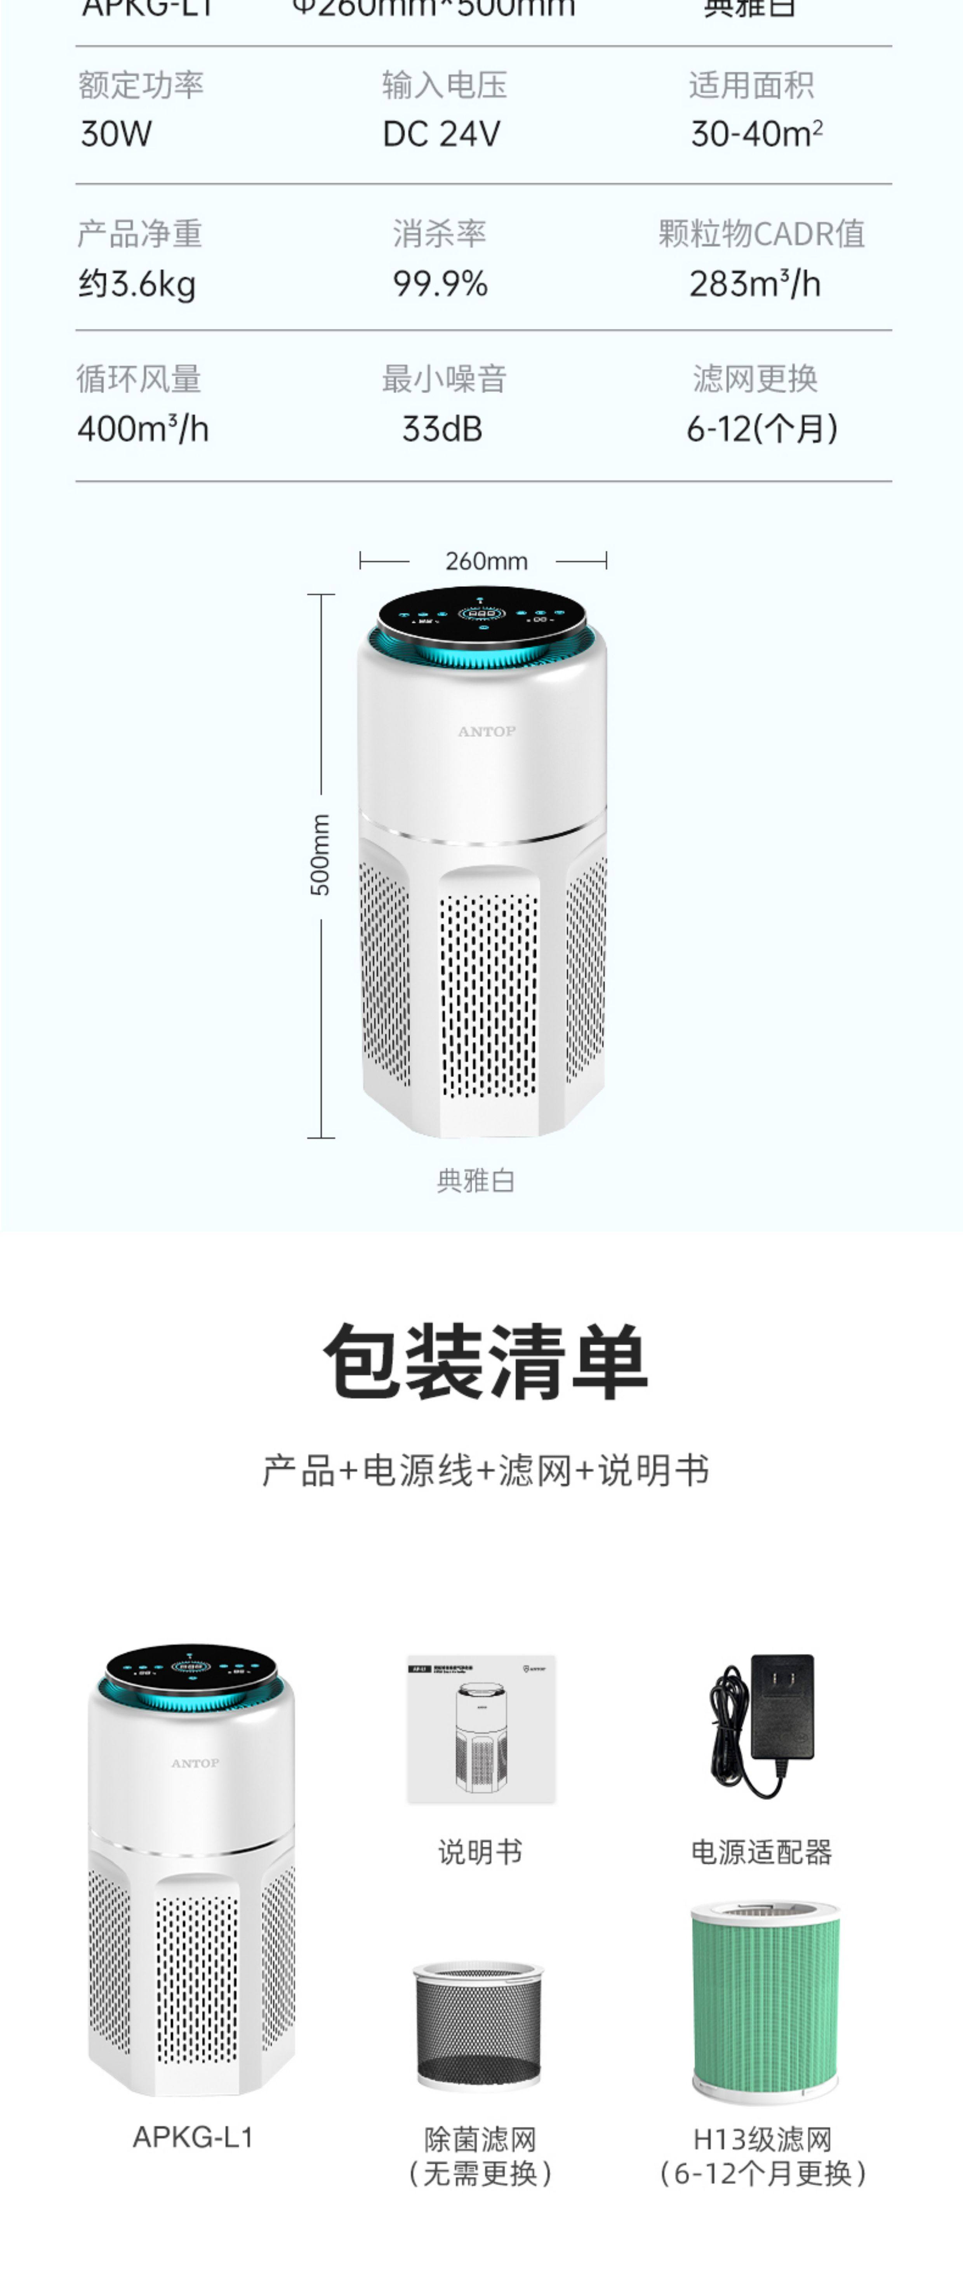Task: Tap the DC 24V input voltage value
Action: pos(442,135)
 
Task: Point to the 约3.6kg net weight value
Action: pos(137,284)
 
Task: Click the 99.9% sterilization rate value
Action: pos(440,284)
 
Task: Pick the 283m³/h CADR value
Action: pos(755,284)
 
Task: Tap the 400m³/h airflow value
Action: pos(143,429)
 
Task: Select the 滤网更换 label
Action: pos(755,379)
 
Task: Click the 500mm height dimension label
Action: pos(321,855)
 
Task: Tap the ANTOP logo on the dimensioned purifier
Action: pos(486,731)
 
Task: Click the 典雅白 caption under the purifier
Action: pos(476,1180)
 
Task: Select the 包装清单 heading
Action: pos(485,1361)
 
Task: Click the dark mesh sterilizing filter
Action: pos(478,2025)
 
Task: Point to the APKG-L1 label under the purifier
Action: pos(193,2137)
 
